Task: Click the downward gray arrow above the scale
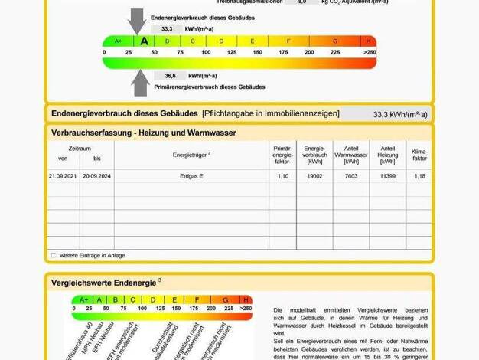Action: click(137, 20)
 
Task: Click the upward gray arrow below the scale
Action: click(140, 82)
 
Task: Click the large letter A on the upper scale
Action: click(143, 41)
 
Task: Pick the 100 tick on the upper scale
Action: click(206, 52)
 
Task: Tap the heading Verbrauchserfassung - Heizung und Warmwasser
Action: click(143, 133)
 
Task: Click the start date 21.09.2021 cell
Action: click(63, 176)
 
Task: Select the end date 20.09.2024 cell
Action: click(97, 176)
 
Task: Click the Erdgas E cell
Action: click(191, 176)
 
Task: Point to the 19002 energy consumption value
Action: click(314, 176)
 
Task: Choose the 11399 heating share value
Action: click(387, 176)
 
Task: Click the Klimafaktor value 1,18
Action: click(419, 176)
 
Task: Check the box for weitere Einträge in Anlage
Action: click(54, 255)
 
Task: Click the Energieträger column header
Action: click(191, 154)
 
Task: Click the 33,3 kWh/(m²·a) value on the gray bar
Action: click(400, 114)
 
